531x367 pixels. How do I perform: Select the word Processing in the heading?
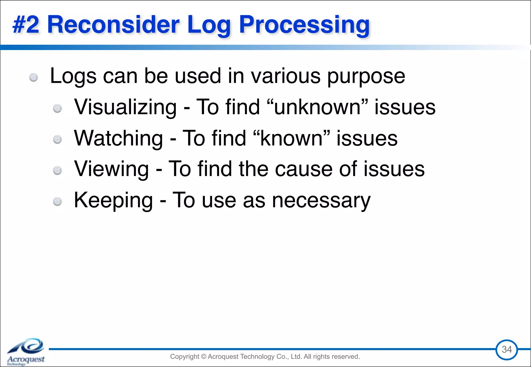coord(304,25)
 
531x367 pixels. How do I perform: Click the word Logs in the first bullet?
coord(73,76)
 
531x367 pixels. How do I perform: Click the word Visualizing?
coord(125,107)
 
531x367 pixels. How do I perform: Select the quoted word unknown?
coord(317,107)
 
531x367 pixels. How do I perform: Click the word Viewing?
coord(111,169)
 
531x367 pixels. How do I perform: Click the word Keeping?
coord(113,200)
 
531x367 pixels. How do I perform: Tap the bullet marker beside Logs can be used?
coord(33,77)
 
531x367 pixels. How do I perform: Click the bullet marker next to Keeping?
coord(57,202)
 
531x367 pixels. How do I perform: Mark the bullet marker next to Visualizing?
coord(57,108)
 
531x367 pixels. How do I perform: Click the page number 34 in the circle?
coord(507,350)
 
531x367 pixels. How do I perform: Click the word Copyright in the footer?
coord(185,357)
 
